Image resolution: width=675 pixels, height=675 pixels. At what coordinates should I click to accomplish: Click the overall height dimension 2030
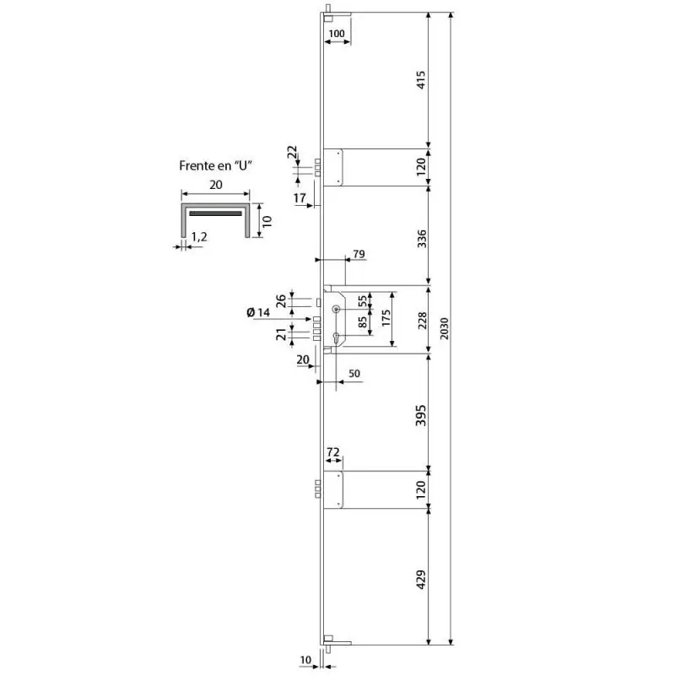click(445, 328)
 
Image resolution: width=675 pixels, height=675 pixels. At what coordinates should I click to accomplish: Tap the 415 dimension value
click(421, 80)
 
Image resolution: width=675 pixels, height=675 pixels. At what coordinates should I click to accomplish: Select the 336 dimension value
click(422, 239)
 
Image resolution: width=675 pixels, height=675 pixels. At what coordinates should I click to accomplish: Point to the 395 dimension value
click(421, 415)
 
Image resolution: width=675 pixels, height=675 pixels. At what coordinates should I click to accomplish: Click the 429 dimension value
click(421, 580)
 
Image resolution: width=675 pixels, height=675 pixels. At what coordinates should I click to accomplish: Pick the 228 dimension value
click(423, 321)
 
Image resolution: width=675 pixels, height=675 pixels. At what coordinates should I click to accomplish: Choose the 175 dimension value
click(386, 318)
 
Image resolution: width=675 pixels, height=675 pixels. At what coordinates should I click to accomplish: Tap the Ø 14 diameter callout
click(258, 312)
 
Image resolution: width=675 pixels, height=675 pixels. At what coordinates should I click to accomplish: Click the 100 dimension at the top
click(337, 34)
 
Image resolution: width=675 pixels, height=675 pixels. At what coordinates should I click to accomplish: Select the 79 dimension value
click(359, 254)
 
